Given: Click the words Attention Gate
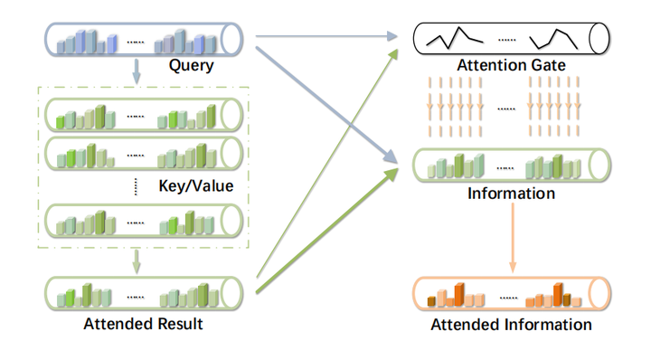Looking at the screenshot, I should point(511,65).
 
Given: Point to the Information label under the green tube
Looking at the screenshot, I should point(511,194).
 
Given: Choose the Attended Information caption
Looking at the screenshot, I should point(511,324).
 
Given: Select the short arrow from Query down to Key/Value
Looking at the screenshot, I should point(137,70).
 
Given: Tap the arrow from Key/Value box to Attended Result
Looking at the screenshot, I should point(137,261).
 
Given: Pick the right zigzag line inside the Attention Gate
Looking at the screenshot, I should point(553,37).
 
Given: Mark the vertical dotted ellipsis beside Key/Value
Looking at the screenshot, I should point(137,186).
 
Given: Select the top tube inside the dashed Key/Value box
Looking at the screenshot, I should point(144,115).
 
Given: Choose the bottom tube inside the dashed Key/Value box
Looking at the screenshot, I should point(144,220).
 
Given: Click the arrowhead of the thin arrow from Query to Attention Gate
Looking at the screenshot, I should point(394,37).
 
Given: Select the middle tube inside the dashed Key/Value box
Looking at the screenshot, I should point(144,154).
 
